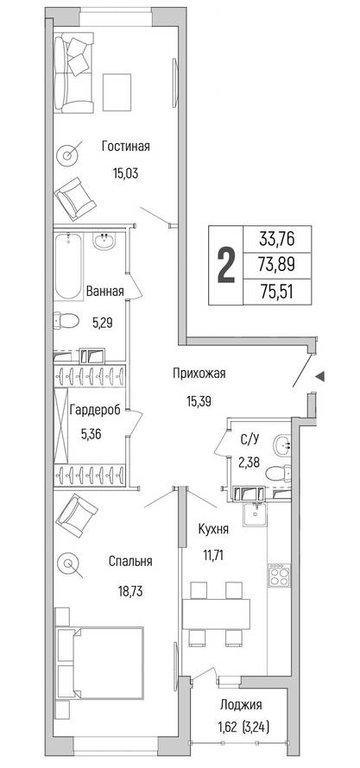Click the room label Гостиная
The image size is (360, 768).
click(126, 147)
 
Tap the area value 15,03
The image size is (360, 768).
click(126, 173)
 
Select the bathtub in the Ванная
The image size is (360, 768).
click(67, 267)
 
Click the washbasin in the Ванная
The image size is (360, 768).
click(104, 242)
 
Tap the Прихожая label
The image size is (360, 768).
click(199, 374)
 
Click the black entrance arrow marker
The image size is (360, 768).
click(319, 376)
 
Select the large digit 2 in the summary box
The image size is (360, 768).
click(226, 266)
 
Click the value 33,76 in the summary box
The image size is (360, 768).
click(278, 240)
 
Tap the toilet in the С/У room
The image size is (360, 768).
click(278, 474)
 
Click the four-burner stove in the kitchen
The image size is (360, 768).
click(280, 574)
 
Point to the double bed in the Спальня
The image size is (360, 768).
click(100, 663)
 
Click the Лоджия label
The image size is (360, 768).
click(241, 705)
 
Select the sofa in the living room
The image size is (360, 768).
click(73, 73)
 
